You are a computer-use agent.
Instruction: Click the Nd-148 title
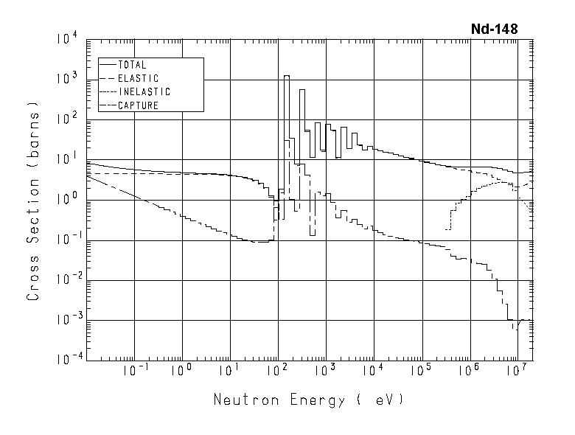coord(494,29)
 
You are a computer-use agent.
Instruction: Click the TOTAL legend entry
coord(132,65)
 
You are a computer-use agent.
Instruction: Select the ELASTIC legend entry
coord(138,78)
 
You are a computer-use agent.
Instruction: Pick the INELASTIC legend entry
coord(144,92)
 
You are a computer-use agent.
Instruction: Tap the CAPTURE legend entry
coord(138,105)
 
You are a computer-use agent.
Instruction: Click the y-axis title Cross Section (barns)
coord(33,201)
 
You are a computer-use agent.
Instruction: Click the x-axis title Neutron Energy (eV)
coord(308,400)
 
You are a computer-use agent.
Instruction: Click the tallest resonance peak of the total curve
coord(286,77)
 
